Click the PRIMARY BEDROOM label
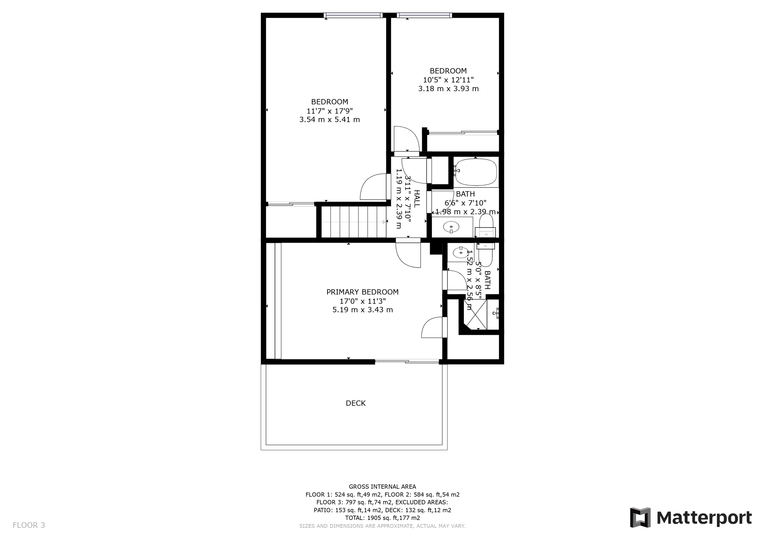[362, 292]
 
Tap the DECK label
[356, 403]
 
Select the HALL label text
[416, 199]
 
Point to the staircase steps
[353, 222]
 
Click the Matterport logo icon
[640, 517]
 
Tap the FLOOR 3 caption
[29, 525]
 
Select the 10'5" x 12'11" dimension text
[448, 80]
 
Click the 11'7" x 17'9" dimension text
[329, 111]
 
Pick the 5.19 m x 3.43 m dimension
[362, 310]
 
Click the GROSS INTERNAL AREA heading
[382, 486]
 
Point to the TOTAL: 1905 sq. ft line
[382, 518]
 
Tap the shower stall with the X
[476, 314]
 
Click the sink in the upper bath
[451, 227]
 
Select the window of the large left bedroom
[353, 15]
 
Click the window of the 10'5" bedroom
[424, 15]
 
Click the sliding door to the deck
[407, 361]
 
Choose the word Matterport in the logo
[704, 518]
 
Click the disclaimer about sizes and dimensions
[382, 526]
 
